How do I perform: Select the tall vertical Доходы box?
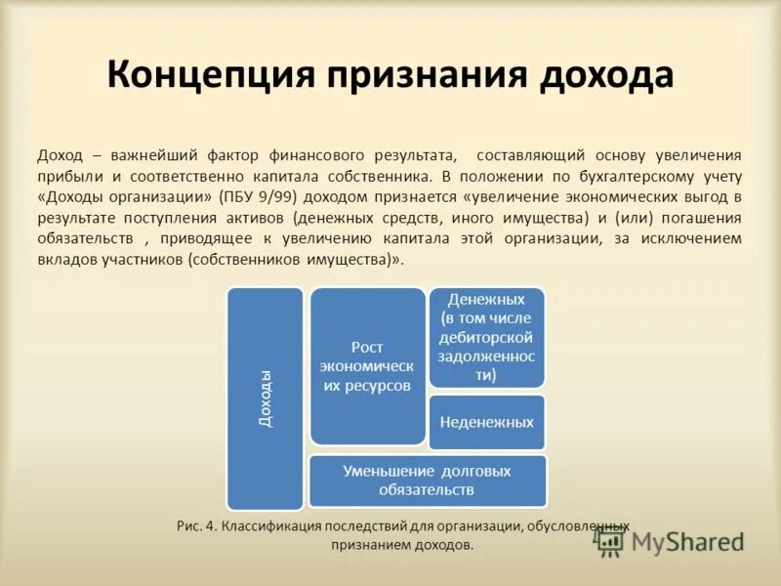[x=265, y=398]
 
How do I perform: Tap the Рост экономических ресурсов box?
[x=367, y=366]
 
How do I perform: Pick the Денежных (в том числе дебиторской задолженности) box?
[x=486, y=337]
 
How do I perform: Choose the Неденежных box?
[x=486, y=422]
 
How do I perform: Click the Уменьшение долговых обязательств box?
[x=427, y=480]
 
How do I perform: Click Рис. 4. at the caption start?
[x=197, y=526]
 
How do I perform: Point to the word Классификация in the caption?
[x=267, y=526]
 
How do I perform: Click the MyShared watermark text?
[x=687, y=541]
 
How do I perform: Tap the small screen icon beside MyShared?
[x=611, y=543]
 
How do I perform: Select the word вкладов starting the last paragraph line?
[x=64, y=260]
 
